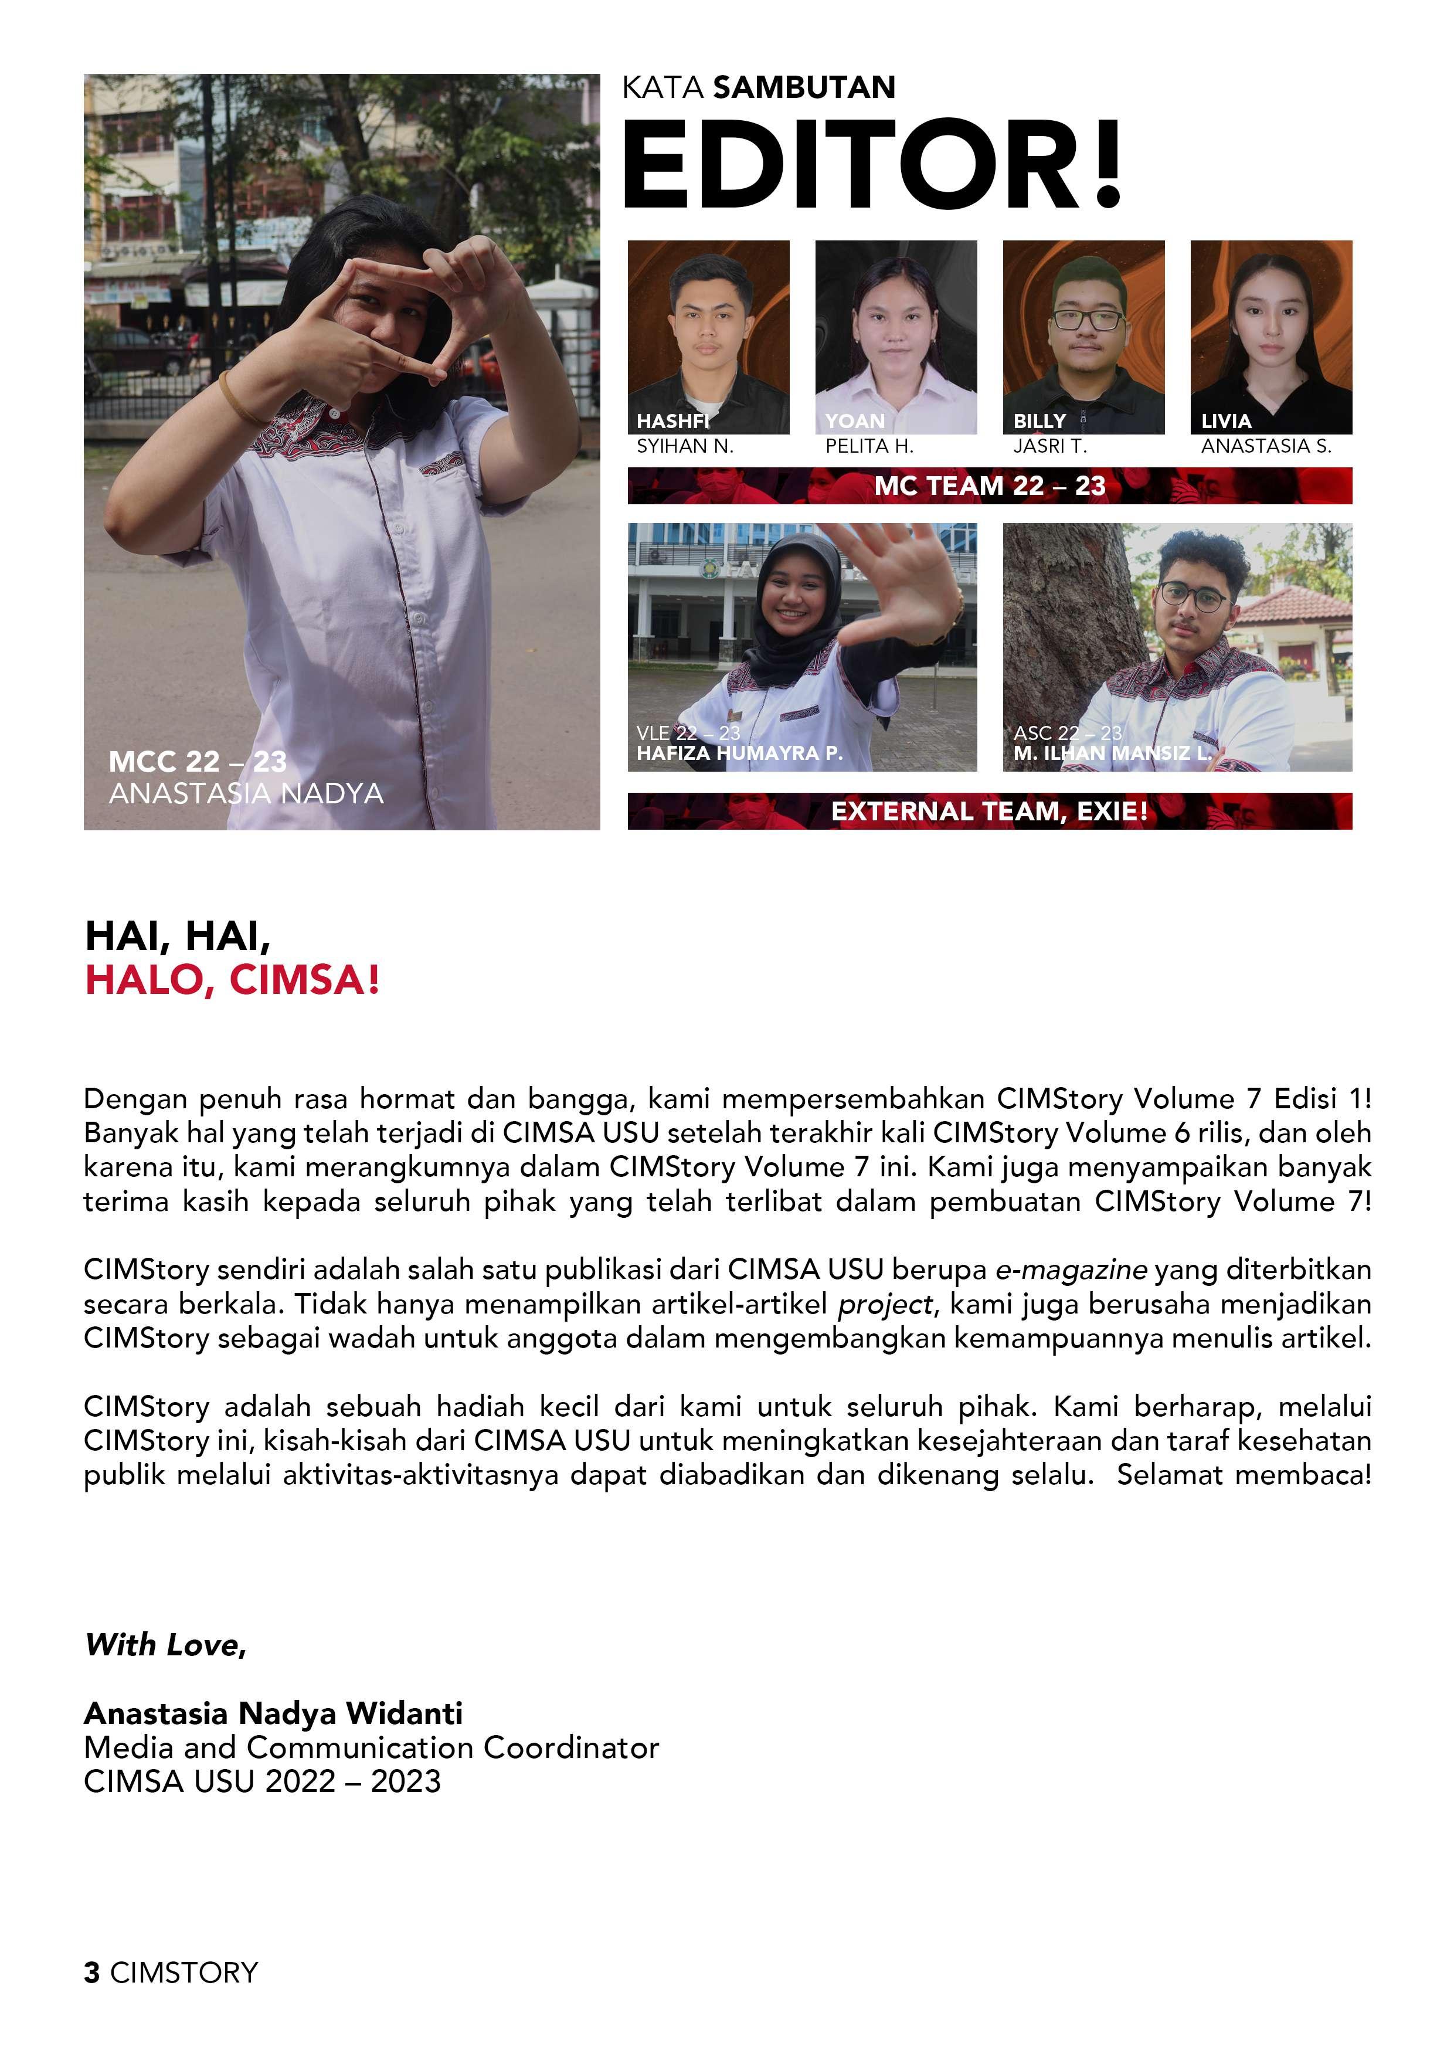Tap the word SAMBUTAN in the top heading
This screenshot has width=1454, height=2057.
804,88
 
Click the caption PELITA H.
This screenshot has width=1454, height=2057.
869,446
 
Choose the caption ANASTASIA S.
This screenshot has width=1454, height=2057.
1266,446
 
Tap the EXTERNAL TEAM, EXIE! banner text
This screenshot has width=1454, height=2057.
989,812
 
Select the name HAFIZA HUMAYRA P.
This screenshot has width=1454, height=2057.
739,753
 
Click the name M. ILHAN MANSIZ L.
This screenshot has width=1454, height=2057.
1112,753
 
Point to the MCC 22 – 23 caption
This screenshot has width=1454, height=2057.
197,762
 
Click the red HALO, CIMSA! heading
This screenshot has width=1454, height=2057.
232,979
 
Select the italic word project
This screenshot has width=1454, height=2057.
884,1305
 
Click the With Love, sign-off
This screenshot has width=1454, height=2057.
165,1645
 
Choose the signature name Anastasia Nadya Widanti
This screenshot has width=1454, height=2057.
273,1713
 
